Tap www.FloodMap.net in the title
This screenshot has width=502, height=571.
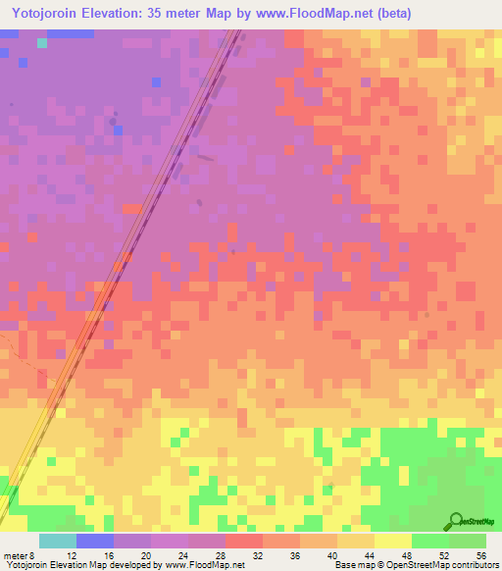tap(311, 13)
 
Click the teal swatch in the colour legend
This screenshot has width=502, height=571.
tap(58, 541)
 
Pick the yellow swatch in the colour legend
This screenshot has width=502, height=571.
tap(393, 541)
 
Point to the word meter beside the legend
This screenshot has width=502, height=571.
tap(18, 554)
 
